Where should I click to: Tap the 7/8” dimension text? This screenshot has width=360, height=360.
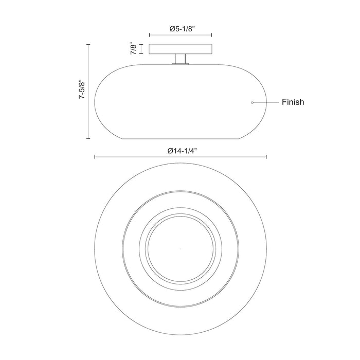[133, 48]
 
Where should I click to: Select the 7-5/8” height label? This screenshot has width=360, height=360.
[82, 89]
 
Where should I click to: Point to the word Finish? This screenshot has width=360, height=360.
[293, 102]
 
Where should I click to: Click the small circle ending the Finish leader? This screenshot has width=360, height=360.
[253, 102]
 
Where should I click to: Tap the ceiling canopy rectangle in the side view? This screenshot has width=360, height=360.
[181, 49]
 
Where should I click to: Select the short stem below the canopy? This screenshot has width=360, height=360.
[181, 59]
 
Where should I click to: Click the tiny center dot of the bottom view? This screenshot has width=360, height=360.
[181, 249]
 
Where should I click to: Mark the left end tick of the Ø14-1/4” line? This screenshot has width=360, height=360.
[95, 157]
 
